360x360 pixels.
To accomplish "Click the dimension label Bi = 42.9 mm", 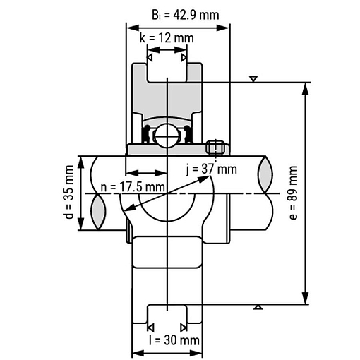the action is click(186, 15).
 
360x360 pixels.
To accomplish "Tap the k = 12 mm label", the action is click(167, 38).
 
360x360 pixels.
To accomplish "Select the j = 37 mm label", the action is click(211, 169).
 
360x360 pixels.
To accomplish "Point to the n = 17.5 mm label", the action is click(133, 187).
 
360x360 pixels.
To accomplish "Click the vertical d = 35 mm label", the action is click(69, 192).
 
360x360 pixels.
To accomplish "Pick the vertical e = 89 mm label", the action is click(293, 193).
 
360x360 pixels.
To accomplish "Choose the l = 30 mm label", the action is click(174, 340).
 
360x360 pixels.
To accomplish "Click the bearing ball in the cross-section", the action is click(166, 136).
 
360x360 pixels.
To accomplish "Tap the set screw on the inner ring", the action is click(215, 148).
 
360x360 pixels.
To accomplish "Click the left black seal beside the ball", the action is click(146, 134).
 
